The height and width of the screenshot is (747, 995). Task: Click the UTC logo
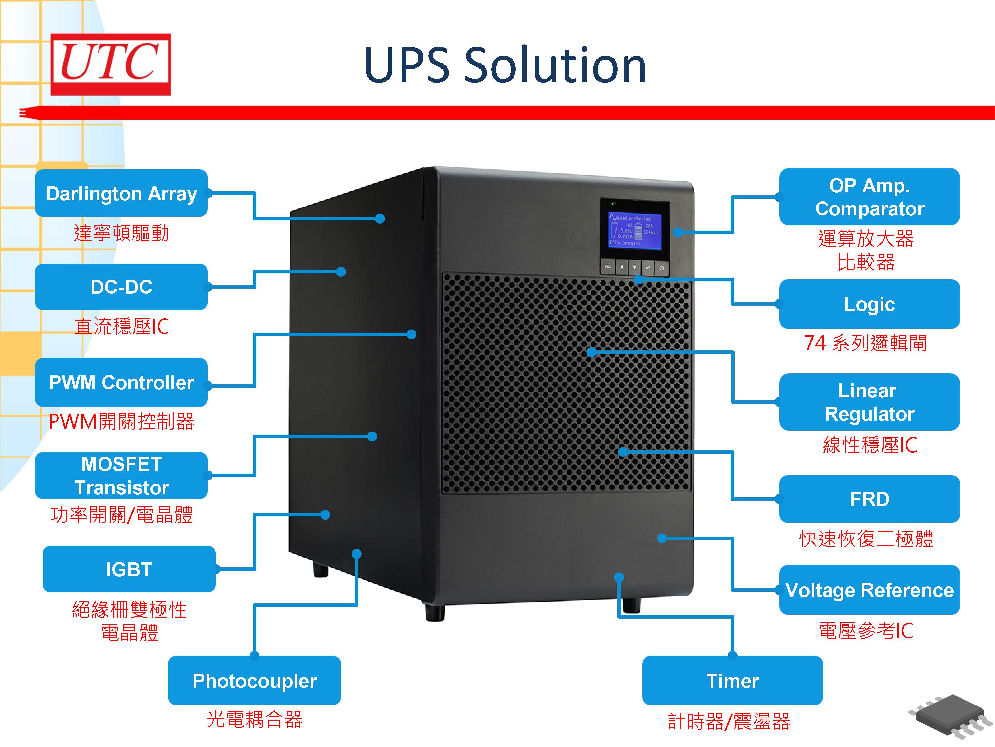[110, 64]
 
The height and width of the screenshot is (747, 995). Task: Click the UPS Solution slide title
[505, 66]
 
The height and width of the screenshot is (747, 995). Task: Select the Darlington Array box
[121, 193]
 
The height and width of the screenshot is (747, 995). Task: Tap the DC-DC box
[121, 287]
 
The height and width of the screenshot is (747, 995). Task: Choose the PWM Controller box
[121, 382]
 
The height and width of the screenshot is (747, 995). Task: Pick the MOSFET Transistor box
[121, 475]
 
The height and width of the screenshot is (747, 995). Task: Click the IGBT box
[129, 569]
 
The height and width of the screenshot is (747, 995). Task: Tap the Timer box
[732, 680]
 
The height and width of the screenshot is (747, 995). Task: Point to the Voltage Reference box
[869, 590]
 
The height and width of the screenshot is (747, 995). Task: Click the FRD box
[869, 499]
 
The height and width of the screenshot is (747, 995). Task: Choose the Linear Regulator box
[869, 402]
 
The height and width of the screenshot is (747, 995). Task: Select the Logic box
[869, 304]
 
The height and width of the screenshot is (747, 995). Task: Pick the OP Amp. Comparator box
[869, 197]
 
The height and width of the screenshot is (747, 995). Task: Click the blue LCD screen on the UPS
[634, 230]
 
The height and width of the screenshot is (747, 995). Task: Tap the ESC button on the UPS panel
[608, 267]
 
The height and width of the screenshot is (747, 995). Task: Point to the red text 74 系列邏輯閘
[865, 343]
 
